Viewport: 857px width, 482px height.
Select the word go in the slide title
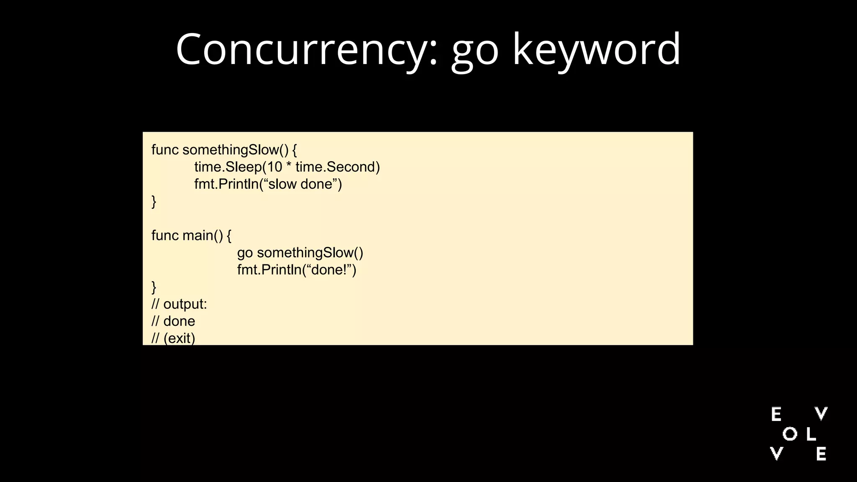475,52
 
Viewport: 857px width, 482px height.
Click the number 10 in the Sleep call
275,167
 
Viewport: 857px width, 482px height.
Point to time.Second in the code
337,167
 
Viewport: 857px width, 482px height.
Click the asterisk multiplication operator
289,166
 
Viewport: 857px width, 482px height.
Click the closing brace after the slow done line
154,202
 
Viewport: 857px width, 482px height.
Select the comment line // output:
179,304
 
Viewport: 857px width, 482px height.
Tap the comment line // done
173,321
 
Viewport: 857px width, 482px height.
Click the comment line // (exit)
173,338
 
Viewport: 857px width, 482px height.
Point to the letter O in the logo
790,434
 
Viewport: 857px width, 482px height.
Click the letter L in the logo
811,434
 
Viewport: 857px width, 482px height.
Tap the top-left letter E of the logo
776,414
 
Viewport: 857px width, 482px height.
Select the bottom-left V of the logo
777,454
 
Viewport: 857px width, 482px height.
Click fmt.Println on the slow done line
226,184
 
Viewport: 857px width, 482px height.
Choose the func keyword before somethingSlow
165,150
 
